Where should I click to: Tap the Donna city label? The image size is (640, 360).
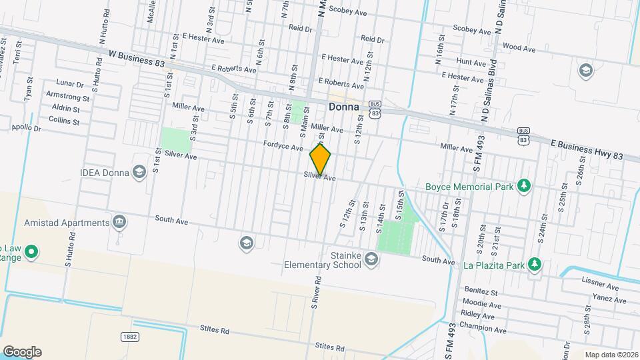click(343, 106)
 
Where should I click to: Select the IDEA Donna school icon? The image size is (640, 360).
click(139, 173)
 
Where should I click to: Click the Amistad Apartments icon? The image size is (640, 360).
click(120, 222)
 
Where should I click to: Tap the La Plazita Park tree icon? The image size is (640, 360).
click(534, 265)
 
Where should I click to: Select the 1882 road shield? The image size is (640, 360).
click(130, 337)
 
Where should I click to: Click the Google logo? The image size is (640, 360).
click(22, 351)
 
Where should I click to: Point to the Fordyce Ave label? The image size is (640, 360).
click(283, 146)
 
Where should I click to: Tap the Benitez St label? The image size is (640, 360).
click(481, 291)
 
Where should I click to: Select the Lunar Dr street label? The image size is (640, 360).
click(70, 85)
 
